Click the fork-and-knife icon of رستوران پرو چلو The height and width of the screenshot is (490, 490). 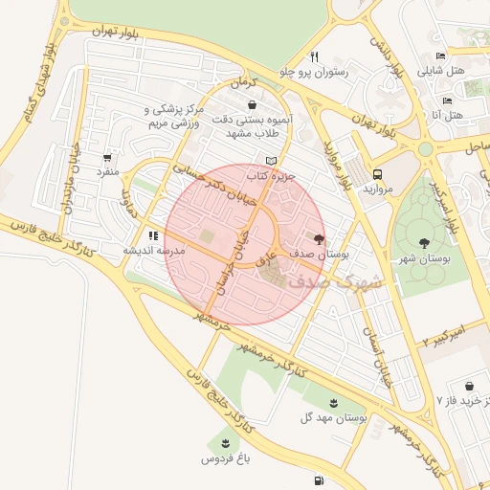coord(314,56)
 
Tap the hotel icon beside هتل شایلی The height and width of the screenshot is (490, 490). coord(439,55)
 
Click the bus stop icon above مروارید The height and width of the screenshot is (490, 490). coord(378,174)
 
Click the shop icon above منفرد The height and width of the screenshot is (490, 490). coord(107,158)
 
